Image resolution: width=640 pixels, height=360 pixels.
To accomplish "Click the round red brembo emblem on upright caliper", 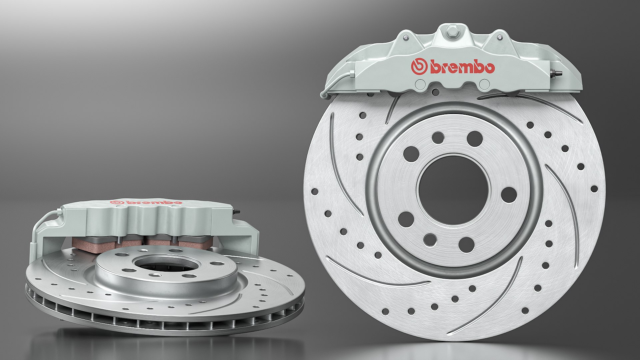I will pyautogui.click(x=419, y=67).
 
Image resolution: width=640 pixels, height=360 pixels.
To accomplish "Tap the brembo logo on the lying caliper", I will pyautogui.click(x=146, y=202).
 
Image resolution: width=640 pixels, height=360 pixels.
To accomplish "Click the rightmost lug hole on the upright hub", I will pyautogui.click(x=509, y=195).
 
